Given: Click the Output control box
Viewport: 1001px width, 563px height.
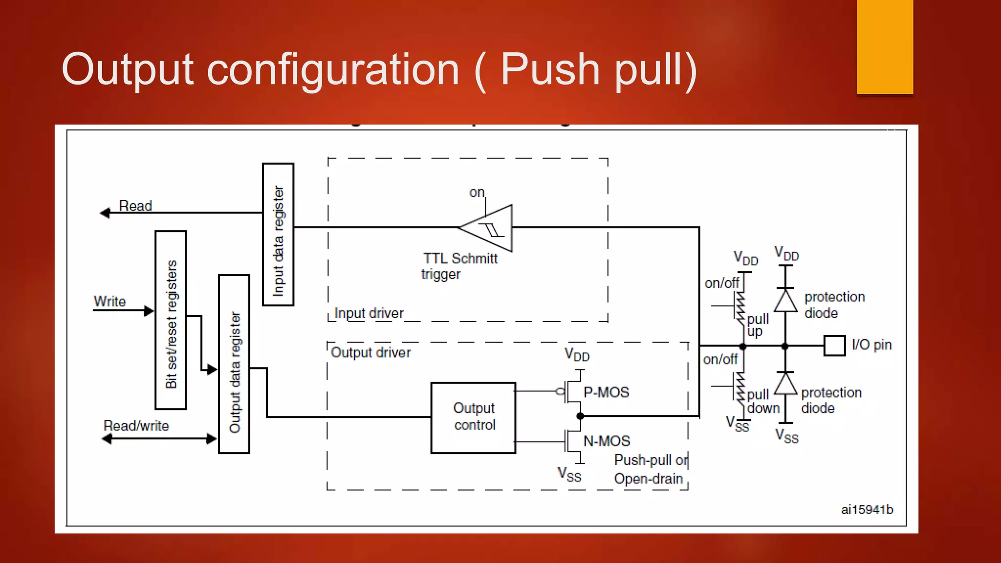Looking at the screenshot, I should (x=473, y=417).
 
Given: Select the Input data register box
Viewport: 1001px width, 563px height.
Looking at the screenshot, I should (x=278, y=235).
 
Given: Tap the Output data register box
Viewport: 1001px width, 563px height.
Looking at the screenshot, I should (x=234, y=364).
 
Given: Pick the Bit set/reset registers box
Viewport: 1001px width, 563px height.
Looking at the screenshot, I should (x=171, y=320).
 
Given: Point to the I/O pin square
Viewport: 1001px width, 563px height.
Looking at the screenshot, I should (x=834, y=346).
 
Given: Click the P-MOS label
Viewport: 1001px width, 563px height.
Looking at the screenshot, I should (x=606, y=392).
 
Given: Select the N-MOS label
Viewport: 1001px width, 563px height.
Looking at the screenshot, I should (x=607, y=441).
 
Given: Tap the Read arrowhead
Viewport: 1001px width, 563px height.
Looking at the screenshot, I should (x=105, y=213).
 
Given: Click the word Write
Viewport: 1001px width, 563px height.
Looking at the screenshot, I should (x=109, y=302).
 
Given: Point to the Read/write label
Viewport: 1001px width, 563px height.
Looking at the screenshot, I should (x=136, y=426).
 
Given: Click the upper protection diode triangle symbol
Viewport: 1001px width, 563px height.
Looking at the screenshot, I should (x=785, y=301).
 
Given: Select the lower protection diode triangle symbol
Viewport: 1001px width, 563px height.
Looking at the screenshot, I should (x=785, y=384).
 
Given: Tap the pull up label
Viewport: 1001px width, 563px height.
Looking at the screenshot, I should (x=758, y=325).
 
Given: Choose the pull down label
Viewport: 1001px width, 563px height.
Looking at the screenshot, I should (x=762, y=401).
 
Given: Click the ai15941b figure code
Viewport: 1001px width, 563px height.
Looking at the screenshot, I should (x=867, y=510).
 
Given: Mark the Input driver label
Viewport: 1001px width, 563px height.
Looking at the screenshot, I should (x=369, y=313).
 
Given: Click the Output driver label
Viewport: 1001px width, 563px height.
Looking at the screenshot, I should (x=370, y=352).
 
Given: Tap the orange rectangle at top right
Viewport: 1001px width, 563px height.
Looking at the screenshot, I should (x=885, y=46).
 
